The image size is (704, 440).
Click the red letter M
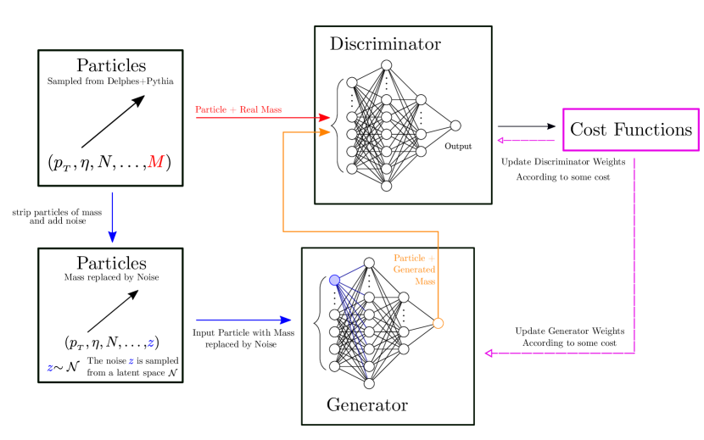click(155, 162)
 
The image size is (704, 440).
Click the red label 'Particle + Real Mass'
click(238, 109)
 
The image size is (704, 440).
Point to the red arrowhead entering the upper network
click(324, 118)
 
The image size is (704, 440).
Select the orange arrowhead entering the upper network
click(324, 132)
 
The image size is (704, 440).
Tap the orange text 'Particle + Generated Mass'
click(415, 269)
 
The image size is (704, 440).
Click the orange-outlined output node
click(438, 323)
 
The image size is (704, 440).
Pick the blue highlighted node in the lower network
click(334, 280)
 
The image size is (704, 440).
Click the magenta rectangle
click(630, 130)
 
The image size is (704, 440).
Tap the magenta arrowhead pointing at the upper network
click(500, 141)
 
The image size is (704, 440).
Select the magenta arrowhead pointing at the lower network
click(489, 353)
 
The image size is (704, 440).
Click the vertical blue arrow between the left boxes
click(112, 217)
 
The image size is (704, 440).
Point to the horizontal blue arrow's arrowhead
click(286, 320)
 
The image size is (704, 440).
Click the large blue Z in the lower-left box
click(151, 343)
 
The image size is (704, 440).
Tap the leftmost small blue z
click(51, 367)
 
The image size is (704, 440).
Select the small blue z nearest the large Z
click(131, 361)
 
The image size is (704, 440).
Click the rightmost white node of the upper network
click(455, 125)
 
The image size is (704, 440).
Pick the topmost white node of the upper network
click(386, 65)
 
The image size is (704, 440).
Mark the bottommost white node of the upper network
click(386, 186)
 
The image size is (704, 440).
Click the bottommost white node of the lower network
click(369, 383)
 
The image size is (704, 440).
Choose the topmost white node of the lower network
click(369, 263)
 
